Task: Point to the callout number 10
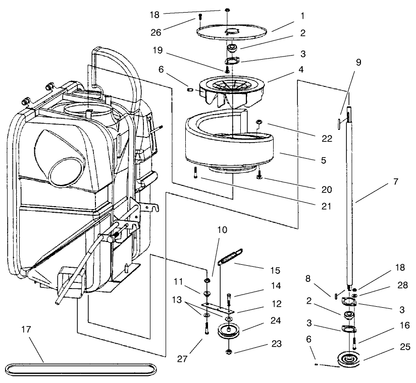pyautogui.click(x=222, y=229)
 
